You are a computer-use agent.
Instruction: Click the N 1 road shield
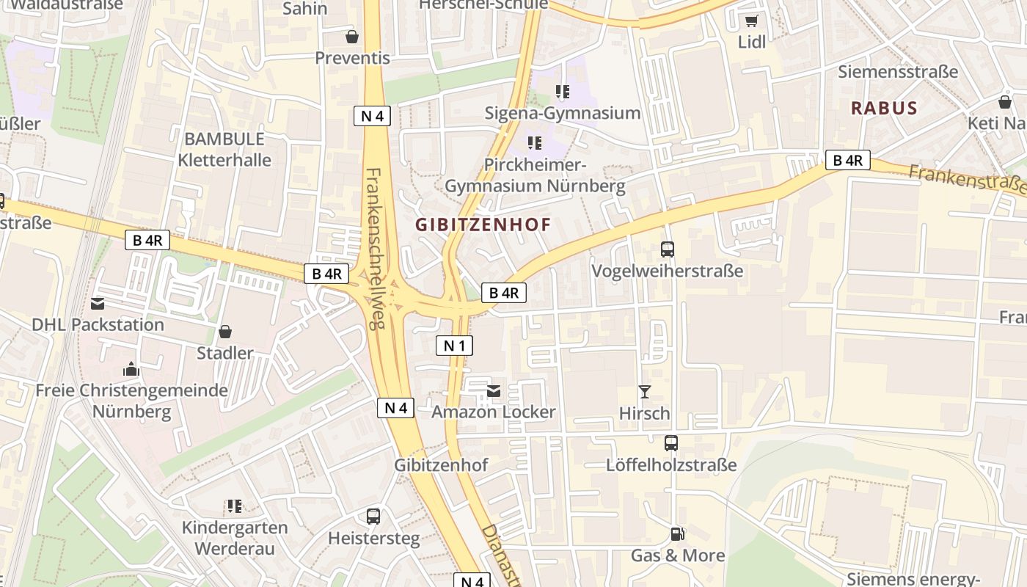point(454,346)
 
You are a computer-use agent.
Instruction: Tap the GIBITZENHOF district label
point(483,225)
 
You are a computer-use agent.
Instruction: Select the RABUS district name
point(884,109)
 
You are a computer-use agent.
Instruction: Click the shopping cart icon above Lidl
point(751,21)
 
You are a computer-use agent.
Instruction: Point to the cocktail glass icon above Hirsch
point(644,392)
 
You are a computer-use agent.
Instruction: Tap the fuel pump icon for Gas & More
point(677,534)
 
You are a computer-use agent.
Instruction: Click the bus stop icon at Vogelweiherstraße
point(667,249)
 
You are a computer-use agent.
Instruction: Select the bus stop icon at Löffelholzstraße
point(670,443)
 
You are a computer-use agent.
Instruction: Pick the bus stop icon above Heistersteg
point(373,517)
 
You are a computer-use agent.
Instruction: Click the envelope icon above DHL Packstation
point(98,303)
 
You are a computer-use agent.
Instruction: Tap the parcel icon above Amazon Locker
point(494,391)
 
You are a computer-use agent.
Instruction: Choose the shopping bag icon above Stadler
point(224,332)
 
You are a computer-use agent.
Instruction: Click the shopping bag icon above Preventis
point(352,36)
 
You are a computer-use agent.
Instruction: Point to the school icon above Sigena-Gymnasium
point(562,92)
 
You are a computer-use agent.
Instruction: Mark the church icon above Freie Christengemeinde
point(131,368)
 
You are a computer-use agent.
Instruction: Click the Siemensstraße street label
point(898,72)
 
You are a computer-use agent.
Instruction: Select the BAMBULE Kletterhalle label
point(224,149)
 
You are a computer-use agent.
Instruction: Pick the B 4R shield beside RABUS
point(847,160)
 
